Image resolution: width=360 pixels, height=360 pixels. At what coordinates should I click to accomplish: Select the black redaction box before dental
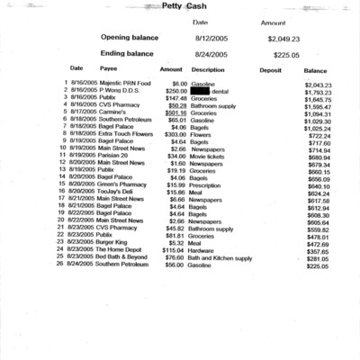tap(206, 91)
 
